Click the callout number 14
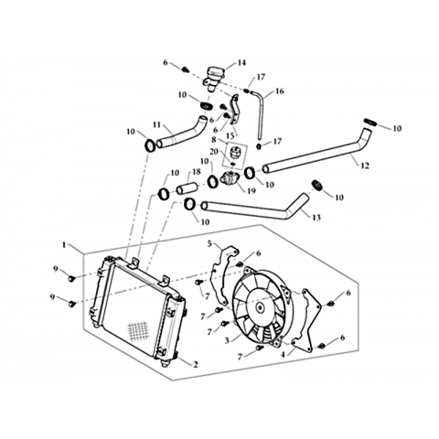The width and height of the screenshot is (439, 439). pyautogui.click(x=241, y=63)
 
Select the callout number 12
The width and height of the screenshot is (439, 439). pyautogui.click(x=365, y=166)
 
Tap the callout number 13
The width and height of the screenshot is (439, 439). pyautogui.click(x=316, y=218)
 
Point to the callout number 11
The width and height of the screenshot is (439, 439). pyautogui.click(x=156, y=124)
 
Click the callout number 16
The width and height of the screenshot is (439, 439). pyautogui.click(x=280, y=91)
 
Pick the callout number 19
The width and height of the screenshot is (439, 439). pyautogui.click(x=252, y=191)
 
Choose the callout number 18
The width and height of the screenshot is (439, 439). pyautogui.click(x=197, y=172)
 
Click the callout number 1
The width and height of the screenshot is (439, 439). pyautogui.click(x=64, y=245)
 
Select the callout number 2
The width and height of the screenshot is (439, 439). pyautogui.click(x=195, y=364)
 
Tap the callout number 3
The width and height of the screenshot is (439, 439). pyautogui.click(x=227, y=340)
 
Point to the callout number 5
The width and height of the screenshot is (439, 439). pyautogui.click(x=209, y=243)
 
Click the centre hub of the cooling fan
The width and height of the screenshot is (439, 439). pyautogui.click(x=260, y=307)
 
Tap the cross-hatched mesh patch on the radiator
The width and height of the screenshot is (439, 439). pyautogui.click(x=138, y=332)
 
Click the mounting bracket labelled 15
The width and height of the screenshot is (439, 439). pyautogui.click(x=234, y=110)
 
